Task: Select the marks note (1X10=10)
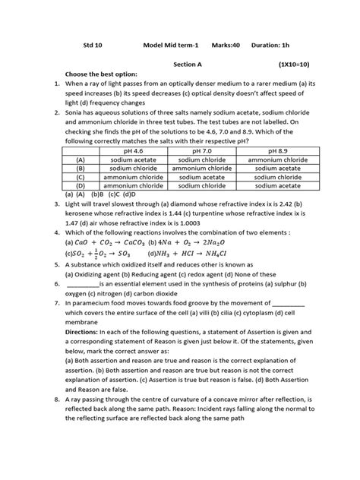(x=295, y=66)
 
